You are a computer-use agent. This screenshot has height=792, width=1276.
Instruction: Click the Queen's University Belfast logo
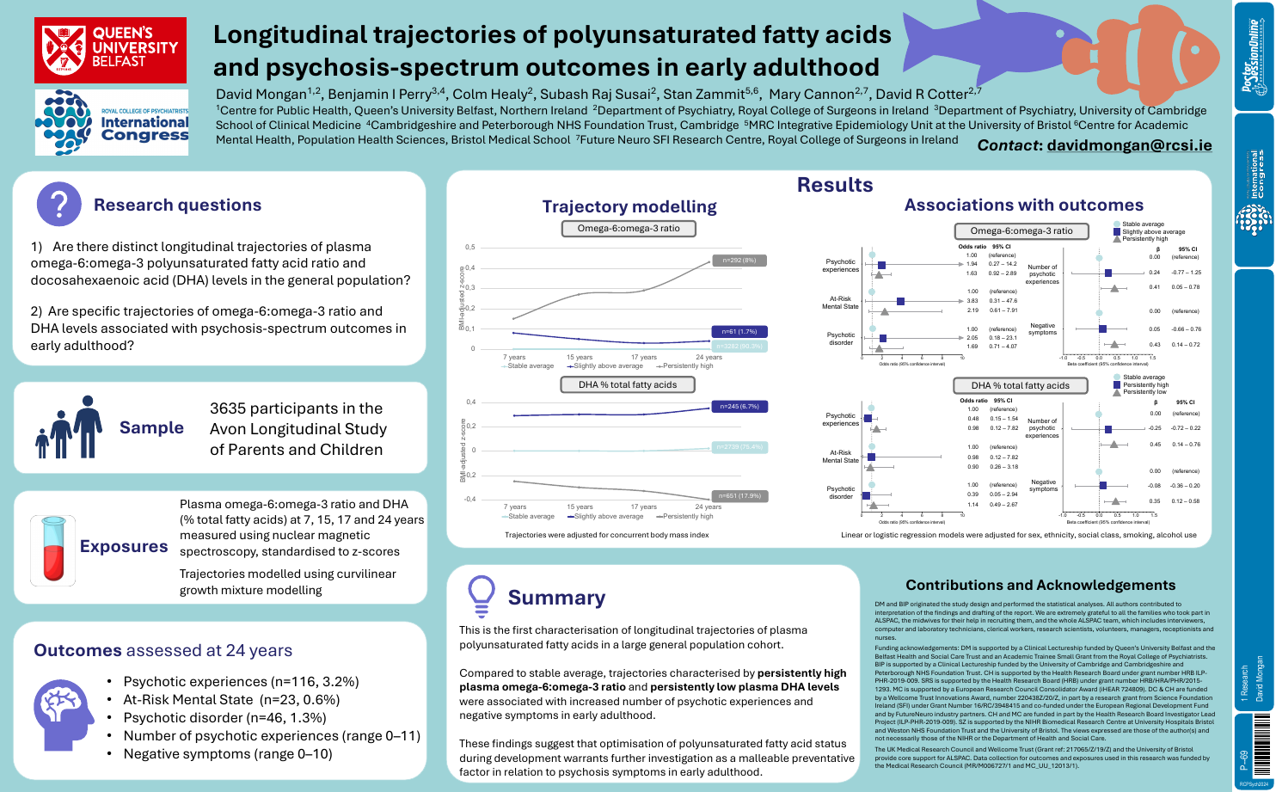pos(111,50)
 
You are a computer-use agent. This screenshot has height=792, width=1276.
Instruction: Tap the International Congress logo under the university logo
pos(112,123)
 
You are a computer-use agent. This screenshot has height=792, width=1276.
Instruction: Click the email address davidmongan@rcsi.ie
pos(1129,145)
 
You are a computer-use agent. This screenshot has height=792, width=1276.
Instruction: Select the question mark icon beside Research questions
pos(59,205)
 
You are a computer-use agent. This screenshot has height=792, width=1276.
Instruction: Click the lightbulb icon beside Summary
pos(480,594)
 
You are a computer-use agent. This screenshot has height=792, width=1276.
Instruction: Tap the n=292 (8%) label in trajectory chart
pos(739,260)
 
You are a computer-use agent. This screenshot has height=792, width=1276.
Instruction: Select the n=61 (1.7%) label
pos(739,331)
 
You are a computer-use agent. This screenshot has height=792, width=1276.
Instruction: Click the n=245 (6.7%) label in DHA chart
pos(739,406)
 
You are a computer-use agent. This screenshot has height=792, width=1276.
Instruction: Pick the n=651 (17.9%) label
pos(739,496)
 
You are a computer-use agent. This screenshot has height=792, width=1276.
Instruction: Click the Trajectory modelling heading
pos(629,206)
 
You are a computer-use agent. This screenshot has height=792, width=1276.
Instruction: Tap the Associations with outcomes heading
pos(1023,205)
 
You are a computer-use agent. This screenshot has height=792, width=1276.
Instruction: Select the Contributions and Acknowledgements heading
pos(1040,585)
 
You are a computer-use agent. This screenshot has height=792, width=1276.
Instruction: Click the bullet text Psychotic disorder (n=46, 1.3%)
pos(224,717)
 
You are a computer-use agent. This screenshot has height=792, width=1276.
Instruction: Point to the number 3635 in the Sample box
pos(230,408)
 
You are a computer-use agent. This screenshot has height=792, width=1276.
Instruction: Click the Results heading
pos(834,185)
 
